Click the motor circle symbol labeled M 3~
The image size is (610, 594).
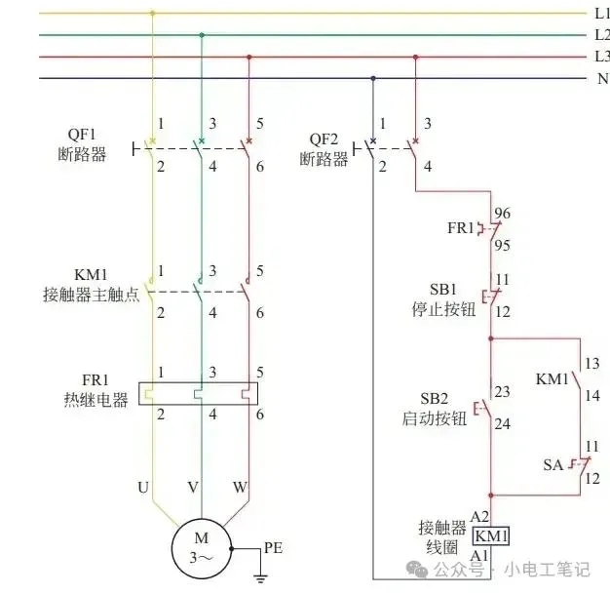pyautogui.click(x=202, y=549)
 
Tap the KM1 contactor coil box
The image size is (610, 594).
pyautogui.click(x=492, y=536)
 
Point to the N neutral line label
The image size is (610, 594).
pyautogui.click(x=602, y=78)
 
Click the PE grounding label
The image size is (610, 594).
pyautogui.click(x=274, y=549)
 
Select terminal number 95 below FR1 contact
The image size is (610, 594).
pyautogui.click(x=503, y=246)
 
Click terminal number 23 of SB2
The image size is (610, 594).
pyautogui.click(x=503, y=391)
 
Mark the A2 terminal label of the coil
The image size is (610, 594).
pyautogui.click(x=478, y=516)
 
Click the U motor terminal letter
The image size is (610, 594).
pyautogui.click(x=143, y=486)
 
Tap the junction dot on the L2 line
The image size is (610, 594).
pyautogui.click(x=202, y=35)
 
